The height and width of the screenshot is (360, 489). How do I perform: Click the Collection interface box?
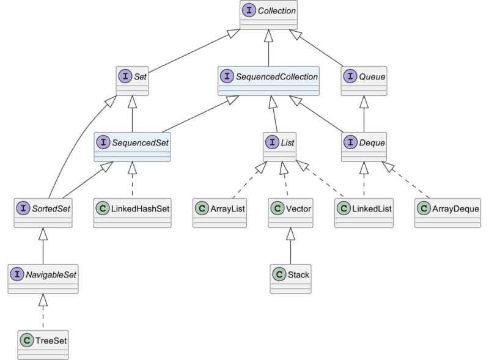pos(268,15)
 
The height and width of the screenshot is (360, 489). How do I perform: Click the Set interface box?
pos(133,81)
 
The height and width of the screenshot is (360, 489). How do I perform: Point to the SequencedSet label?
pos(139,142)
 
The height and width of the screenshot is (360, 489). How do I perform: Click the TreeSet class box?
pos(43,344)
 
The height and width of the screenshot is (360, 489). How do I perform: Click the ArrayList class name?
pos(227,208)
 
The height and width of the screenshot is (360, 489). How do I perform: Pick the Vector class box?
pos(290,213)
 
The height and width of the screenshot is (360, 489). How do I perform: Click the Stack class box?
pos(290,279)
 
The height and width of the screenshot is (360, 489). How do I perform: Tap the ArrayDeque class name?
pos(454,208)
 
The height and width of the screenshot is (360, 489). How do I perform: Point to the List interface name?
pos(287,142)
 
